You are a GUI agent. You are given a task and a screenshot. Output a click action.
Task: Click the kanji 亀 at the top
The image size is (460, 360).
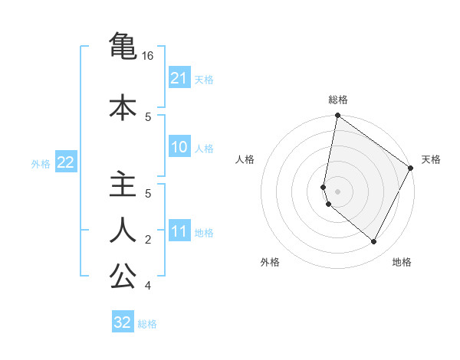coord(123,47)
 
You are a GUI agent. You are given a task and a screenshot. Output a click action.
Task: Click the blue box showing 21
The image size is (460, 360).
coord(179,78)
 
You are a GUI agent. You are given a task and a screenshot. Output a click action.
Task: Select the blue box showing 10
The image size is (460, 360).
coord(179,147)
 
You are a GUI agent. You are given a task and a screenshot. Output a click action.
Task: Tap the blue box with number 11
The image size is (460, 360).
coord(179,232)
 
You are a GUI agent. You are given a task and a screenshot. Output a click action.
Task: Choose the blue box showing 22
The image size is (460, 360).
coord(66,162)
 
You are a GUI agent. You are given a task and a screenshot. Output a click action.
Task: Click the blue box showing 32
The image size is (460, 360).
coord(123,322)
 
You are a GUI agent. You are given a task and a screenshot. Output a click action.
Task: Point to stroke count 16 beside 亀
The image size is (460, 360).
coord(148,56)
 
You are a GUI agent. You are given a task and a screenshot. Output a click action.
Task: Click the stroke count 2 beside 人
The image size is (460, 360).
coord(148,240)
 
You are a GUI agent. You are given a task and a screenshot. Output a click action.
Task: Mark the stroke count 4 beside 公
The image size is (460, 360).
coord(148,286)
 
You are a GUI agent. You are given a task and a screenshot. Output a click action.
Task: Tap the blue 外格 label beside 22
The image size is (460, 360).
coord(41,163)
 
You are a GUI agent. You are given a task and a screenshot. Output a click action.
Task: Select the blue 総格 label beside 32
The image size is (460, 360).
coord(147,323)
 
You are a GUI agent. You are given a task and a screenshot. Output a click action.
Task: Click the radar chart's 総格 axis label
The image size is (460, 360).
coord(338,100)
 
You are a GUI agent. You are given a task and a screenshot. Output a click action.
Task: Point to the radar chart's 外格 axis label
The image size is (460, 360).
coord(270,262)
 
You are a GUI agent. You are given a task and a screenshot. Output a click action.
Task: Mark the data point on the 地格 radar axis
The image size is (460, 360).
coord(373,242)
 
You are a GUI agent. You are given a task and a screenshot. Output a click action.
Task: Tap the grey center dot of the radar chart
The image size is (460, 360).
coord(337,191)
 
